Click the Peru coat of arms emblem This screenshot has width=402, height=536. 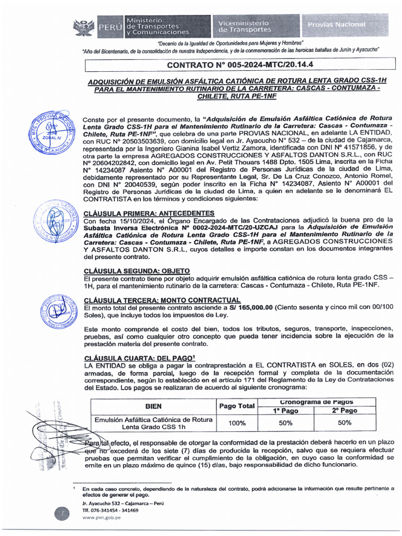[x=83, y=26]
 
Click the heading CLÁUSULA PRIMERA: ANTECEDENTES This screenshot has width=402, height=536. [x=149, y=213]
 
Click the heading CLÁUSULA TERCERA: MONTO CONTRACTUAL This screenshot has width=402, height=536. [x=162, y=300]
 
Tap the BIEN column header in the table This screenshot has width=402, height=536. [x=153, y=406]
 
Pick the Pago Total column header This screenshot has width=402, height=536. [x=237, y=406]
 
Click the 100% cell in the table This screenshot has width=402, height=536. [x=237, y=423]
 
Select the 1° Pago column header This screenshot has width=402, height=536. [x=286, y=411]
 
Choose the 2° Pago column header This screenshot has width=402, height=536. [x=344, y=411]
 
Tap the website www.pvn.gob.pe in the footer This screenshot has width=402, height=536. [x=102, y=517]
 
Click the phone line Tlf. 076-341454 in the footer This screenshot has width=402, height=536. [x=110, y=510]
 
